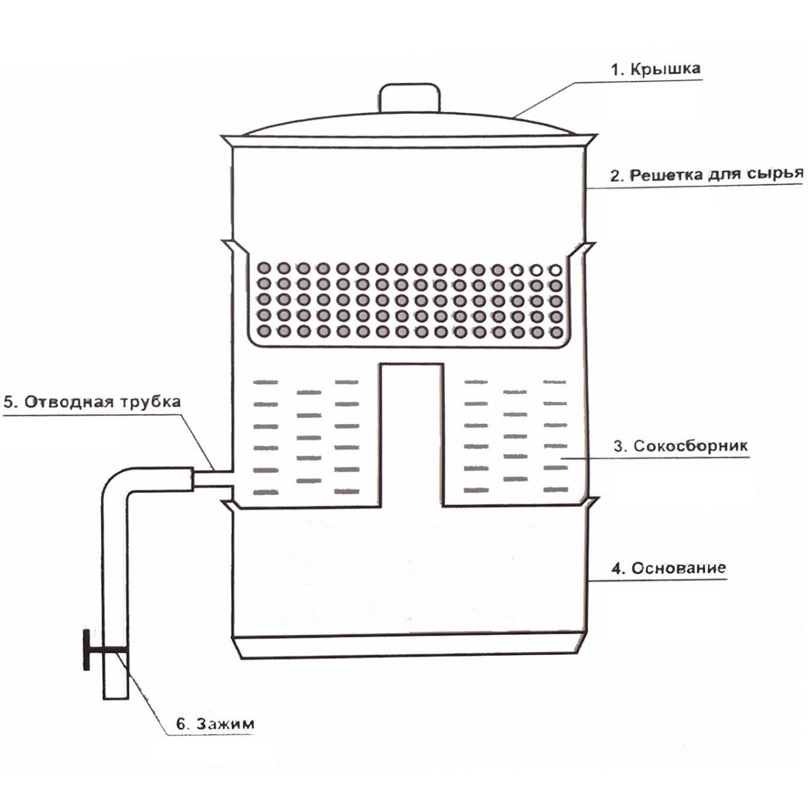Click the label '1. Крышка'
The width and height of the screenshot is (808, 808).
[654, 69]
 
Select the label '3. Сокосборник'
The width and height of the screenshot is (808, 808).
[681, 445]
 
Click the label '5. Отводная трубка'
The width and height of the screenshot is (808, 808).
[92, 401]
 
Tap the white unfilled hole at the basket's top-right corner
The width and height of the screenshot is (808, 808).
[556, 269]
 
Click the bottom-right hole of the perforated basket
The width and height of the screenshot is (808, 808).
[556, 332]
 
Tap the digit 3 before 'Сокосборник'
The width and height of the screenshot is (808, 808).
[617, 446]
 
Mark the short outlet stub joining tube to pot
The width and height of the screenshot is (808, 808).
[211, 479]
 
